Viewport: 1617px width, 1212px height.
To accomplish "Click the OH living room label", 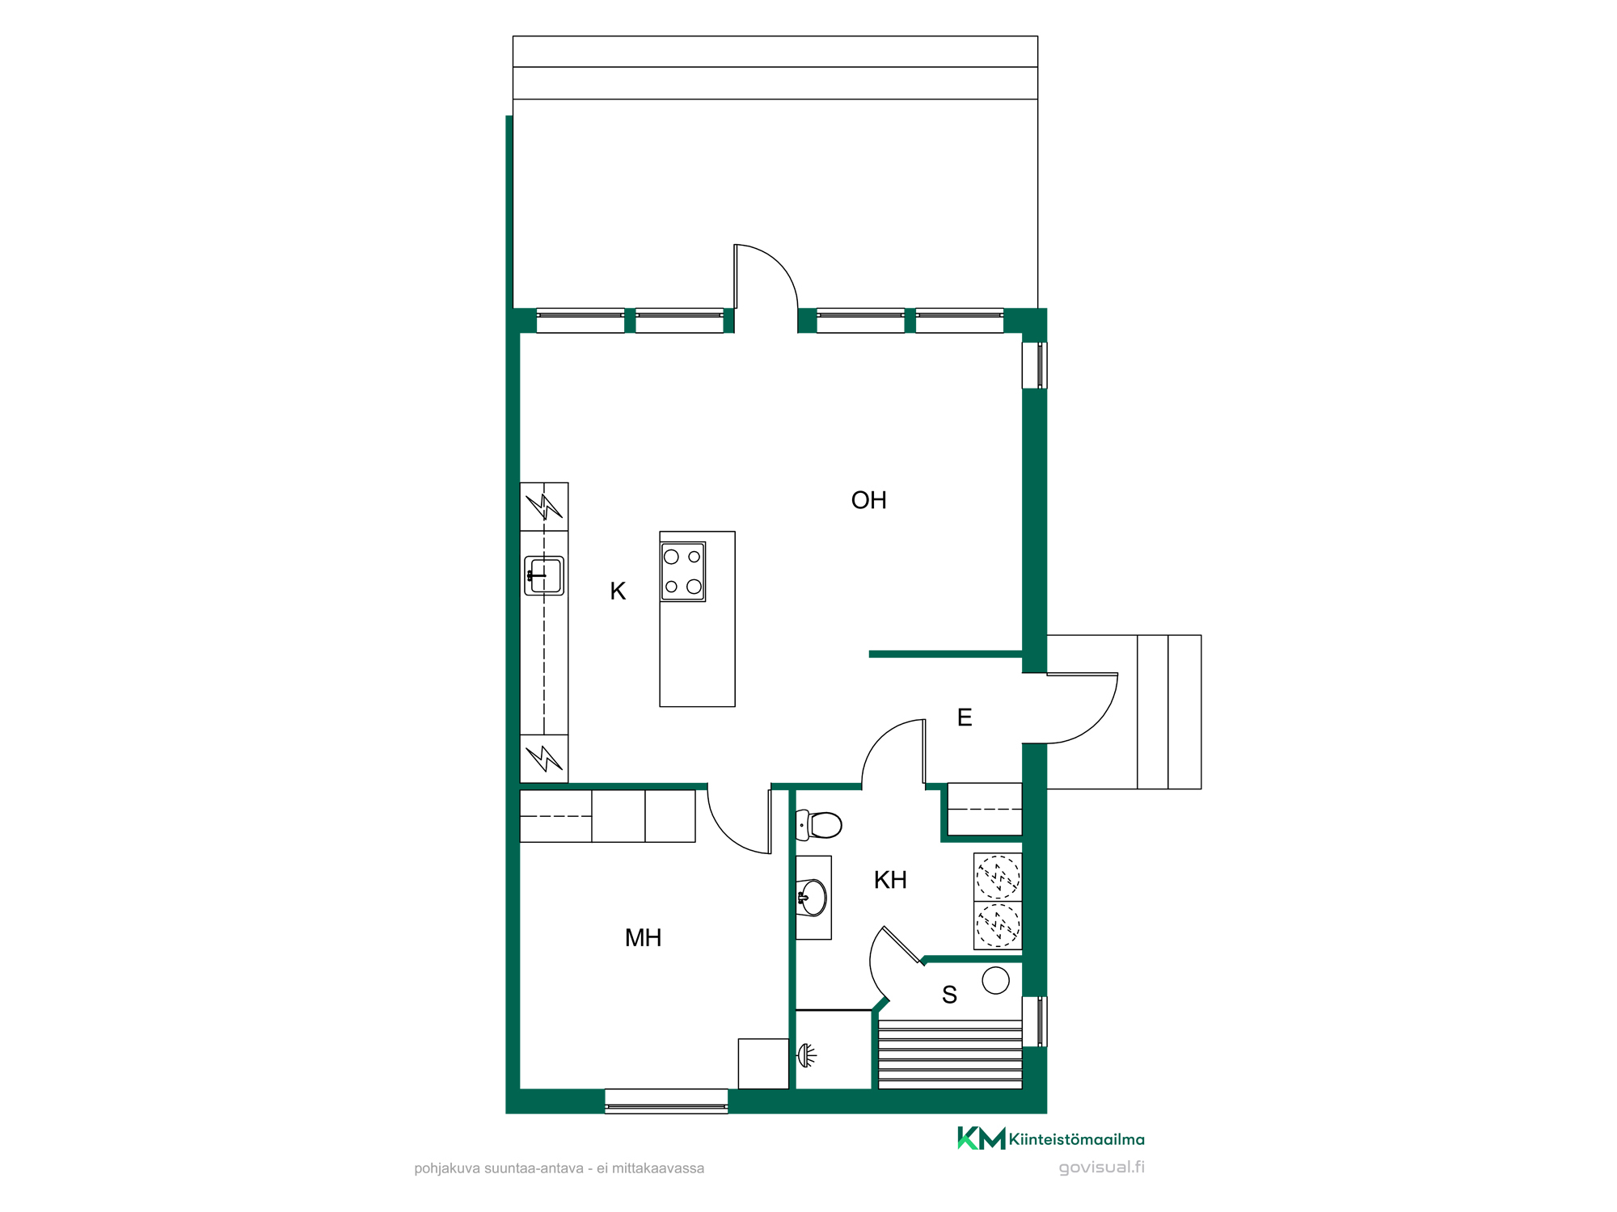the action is (x=868, y=500).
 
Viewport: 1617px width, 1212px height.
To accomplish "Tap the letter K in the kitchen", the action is (x=618, y=591).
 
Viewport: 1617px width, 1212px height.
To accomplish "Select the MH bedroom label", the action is (x=644, y=937).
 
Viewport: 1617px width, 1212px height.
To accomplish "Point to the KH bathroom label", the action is (x=890, y=879).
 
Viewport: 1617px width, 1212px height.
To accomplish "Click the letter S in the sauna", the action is (x=949, y=995).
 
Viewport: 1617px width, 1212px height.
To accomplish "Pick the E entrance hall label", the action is (x=965, y=717).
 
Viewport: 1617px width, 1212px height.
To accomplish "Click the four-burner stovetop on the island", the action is (x=683, y=571).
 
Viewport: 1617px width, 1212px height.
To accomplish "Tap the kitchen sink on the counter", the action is (x=544, y=575).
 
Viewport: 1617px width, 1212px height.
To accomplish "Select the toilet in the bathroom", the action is (x=819, y=825).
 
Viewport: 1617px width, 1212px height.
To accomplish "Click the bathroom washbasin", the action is (x=813, y=897).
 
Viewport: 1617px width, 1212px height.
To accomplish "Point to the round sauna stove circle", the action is (x=996, y=980).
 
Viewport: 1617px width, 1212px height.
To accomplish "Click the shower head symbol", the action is (x=807, y=1055).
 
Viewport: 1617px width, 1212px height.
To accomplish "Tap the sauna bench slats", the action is (x=950, y=1054).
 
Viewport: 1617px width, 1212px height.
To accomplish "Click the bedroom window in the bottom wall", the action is (x=666, y=1100).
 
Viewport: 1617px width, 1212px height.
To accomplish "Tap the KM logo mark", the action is (x=982, y=1138).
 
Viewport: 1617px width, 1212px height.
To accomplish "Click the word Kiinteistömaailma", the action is (x=1077, y=1139).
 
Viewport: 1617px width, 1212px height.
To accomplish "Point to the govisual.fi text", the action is (x=1102, y=1168).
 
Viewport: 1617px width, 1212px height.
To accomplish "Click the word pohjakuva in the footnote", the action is (x=447, y=1168).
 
